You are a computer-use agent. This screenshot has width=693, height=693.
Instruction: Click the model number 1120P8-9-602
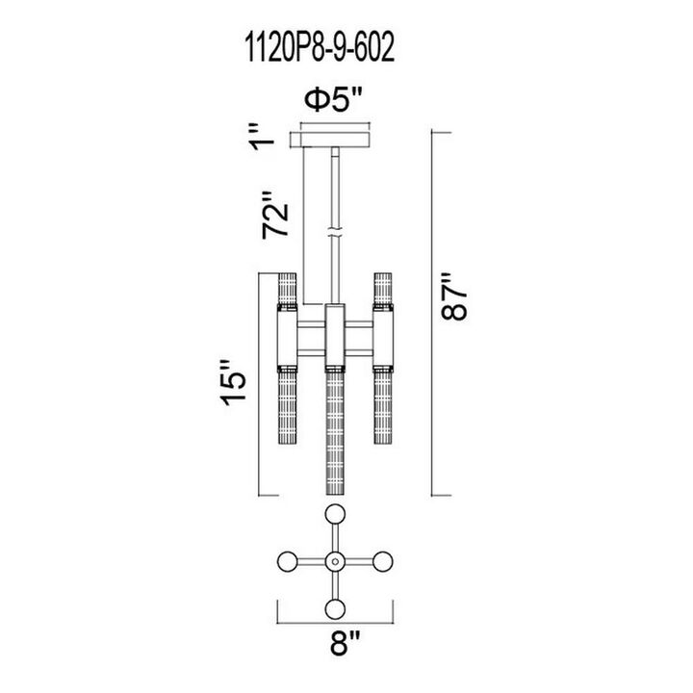tap(320, 49)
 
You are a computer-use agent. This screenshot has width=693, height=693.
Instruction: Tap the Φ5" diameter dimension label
tap(334, 101)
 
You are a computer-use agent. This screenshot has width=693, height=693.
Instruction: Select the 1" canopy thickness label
tap(262, 138)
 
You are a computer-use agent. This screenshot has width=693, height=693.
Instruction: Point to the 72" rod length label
tap(274, 216)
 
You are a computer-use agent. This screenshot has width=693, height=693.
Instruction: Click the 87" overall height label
tap(453, 295)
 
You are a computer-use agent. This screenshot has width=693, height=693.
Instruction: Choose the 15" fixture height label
tap(233, 383)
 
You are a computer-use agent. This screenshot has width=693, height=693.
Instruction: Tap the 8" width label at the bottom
tap(346, 644)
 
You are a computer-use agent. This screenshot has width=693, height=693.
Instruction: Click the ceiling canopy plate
tap(335, 140)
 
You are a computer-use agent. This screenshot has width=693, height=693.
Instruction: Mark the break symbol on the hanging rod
tap(335, 232)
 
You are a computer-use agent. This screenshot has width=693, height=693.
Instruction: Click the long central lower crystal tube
tap(335, 434)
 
